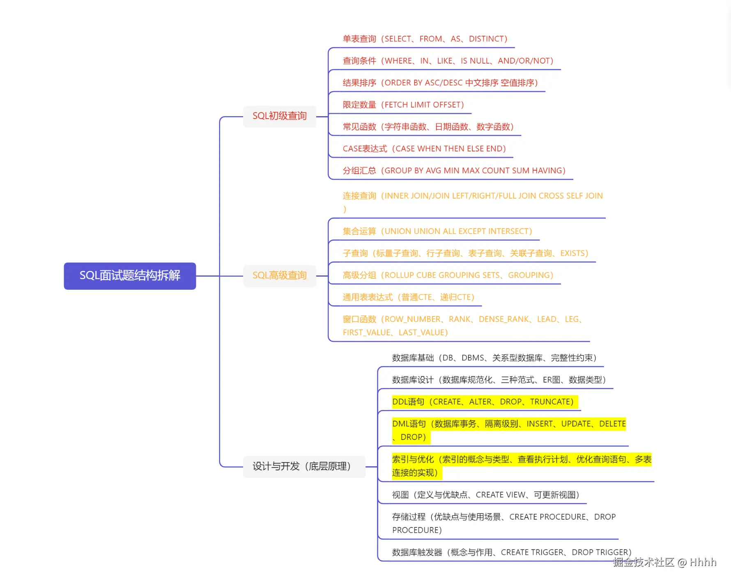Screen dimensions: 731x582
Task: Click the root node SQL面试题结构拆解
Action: (x=130, y=275)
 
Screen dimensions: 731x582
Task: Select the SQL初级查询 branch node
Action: (x=279, y=116)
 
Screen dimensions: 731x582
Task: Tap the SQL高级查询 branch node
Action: (x=279, y=275)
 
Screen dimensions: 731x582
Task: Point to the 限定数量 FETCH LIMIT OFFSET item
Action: (x=403, y=105)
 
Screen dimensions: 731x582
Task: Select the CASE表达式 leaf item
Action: (x=424, y=149)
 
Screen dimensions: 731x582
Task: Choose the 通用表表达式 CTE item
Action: (x=408, y=297)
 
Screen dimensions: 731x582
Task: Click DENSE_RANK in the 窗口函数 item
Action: (x=503, y=319)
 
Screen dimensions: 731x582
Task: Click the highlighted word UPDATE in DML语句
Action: (x=576, y=424)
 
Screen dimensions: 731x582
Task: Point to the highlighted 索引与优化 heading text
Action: (x=412, y=459)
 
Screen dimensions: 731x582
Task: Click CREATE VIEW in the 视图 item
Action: (x=500, y=495)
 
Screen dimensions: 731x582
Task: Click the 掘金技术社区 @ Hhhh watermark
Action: (x=664, y=562)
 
